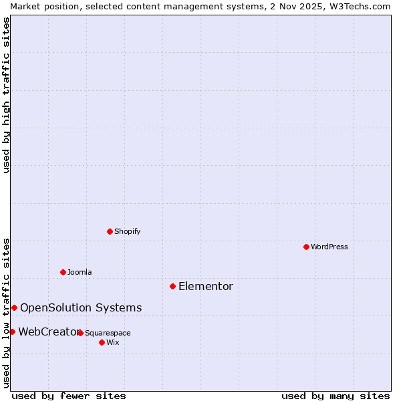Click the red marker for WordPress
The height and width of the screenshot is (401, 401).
[x=306, y=247]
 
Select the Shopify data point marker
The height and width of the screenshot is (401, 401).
[x=110, y=231]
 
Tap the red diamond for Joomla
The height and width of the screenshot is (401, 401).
[x=63, y=272]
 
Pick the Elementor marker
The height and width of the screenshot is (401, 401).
[x=172, y=286]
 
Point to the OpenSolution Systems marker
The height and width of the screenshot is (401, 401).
[x=14, y=307]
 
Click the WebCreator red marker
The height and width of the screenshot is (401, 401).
[x=12, y=331]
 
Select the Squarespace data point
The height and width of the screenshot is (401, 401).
[x=80, y=333]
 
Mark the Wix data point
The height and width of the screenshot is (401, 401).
[x=102, y=342]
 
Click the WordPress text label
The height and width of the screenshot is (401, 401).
[x=329, y=247]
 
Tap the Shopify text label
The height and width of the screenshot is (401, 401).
[x=128, y=231]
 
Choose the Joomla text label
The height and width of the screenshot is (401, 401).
[x=80, y=272]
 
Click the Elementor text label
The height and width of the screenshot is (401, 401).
[x=206, y=287]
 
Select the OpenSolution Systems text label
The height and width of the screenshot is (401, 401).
[x=81, y=308]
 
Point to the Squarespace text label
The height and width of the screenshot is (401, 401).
[x=108, y=333]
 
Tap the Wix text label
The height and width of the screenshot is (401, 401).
[x=113, y=342]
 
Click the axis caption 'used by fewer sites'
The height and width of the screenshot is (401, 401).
[x=69, y=396]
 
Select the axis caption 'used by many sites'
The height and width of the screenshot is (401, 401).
[x=336, y=396]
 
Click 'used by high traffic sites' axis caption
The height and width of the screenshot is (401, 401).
[x=6, y=95]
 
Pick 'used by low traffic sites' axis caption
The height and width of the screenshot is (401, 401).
[x=6, y=312]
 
